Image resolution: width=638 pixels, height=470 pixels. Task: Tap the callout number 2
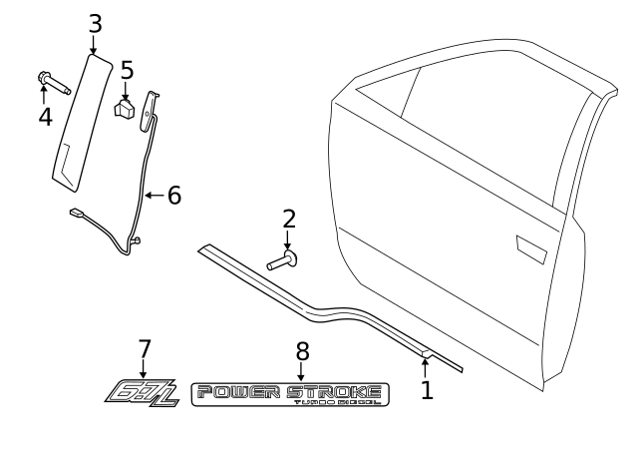tap(288, 219)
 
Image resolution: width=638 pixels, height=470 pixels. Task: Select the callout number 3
tap(95, 23)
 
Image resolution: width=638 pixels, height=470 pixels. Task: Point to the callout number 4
tap(44, 117)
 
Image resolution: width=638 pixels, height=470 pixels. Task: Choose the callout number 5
tap(127, 71)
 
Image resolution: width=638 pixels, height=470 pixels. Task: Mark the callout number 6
tap(173, 195)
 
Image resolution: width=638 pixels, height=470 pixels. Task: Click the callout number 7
tap(145, 349)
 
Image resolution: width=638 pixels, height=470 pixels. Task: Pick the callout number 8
tap(302, 351)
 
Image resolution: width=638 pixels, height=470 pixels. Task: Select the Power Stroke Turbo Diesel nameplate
tap(290, 394)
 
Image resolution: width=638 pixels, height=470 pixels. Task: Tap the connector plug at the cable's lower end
tap(76, 212)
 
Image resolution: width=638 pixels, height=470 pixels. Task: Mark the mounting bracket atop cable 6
tap(151, 107)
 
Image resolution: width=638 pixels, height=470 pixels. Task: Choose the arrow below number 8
tap(302, 371)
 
